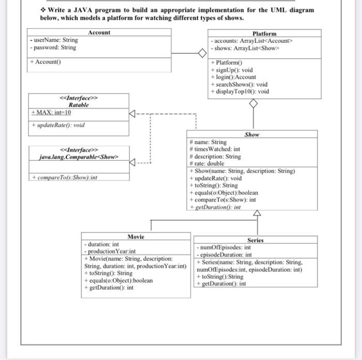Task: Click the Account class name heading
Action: pyautogui.click(x=99, y=33)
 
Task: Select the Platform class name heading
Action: pyautogui.click(x=264, y=34)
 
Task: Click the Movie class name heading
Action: pyautogui.click(x=135, y=237)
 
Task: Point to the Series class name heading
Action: pyautogui.click(x=255, y=240)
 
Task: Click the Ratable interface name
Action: pyautogui.click(x=79, y=104)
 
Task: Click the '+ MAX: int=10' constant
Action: pyautogui.click(x=52, y=113)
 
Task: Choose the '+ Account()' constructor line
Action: pyautogui.click(x=46, y=62)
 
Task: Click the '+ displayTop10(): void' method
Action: pyautogui.click(x=240, y=91)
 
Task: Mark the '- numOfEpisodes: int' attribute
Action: pyautogui.click(x=223, y=247)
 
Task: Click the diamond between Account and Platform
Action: pyautogui.click(x=202, y=53)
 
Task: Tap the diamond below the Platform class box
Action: pyautogui.click(x=253, y=104)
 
